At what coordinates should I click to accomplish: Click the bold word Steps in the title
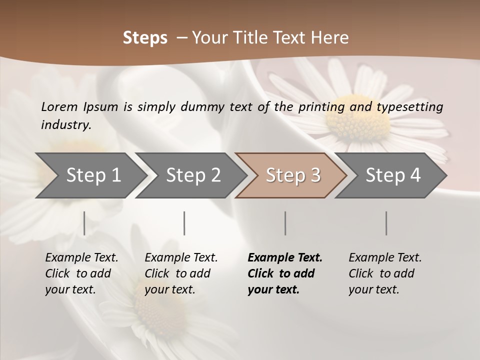(x=145, y=37)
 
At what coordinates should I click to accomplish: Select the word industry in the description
(x=66, y=124)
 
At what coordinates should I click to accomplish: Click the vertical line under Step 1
(x=84, y=223)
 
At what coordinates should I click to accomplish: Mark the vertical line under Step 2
(x=184, y=223)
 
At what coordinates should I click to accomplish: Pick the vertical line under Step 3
(x=285, y=223)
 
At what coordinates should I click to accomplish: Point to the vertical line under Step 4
(x=386, y=223)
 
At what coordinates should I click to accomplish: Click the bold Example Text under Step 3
(x=285, y=257)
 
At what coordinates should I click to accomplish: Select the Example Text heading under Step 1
(x=81, y=257)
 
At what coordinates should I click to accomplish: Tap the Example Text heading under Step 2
(x=181, y=257)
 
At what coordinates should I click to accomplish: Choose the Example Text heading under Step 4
(x=385, y=257)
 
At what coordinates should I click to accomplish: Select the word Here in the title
(x=333, y=37)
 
